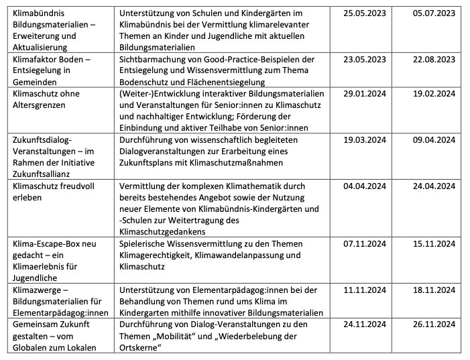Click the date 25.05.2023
(x=365, y=13)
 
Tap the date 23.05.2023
(x=365, y=59)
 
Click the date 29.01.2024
(x=365, y=94)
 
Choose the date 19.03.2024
(x=365, y=140)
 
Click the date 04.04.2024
(x=365, y=186)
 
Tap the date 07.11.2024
(x=365, y=243)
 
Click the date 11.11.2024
(x=365, y=290)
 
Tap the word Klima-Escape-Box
(x=46, y=243)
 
